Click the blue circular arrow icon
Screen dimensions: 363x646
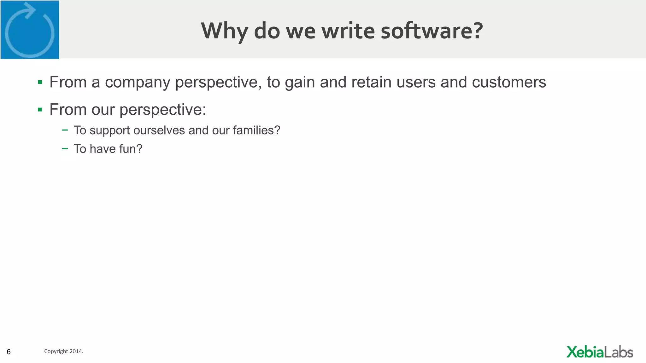30,30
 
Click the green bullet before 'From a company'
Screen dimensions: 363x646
40,83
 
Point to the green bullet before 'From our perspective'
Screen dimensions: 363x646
40,110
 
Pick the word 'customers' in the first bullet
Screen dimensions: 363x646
509,82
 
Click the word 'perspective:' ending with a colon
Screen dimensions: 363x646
162,110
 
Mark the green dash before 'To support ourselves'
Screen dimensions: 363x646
65,130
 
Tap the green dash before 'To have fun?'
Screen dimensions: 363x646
65,148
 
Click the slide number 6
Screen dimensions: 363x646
9,352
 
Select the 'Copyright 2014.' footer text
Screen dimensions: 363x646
64,351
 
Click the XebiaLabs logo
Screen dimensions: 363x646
600,352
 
